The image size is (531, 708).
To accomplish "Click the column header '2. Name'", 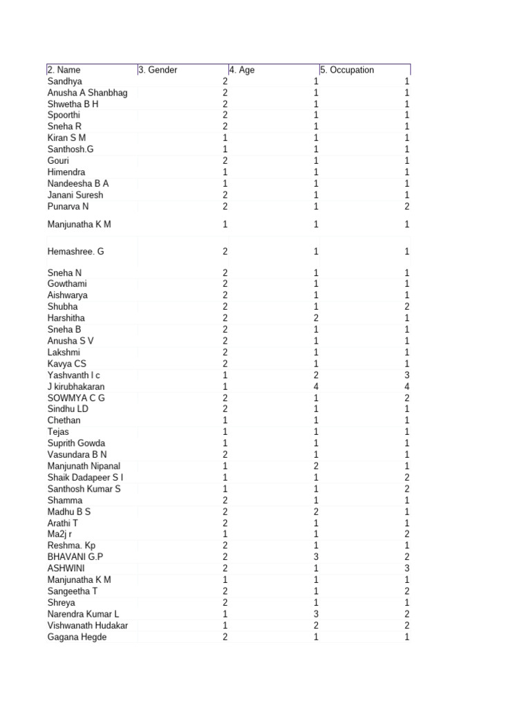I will [x=64, y=70].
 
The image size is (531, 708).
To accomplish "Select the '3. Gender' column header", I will [x=158, y=70].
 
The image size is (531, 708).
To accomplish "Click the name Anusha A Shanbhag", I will [x=87, y=93].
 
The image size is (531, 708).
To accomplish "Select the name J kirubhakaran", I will [x=76, y=386].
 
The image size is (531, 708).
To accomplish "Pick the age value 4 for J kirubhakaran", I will [x=316, y=386].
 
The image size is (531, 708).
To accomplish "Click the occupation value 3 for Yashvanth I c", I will [x=407, y=375].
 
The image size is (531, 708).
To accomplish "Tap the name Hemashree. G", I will [x=76, y=252].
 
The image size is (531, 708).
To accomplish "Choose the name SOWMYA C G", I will [x=76, y=398].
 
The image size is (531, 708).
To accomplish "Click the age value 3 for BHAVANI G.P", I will [x=316, y=557].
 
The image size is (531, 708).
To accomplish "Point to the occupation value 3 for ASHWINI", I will [x=407, y=568].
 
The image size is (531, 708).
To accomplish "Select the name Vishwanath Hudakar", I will [x=88, y=625].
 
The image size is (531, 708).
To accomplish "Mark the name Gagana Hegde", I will [x=77, y=637].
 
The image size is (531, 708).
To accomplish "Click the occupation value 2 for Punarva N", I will [x=407, y=206].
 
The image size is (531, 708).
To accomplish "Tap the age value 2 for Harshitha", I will [x=316, y=318].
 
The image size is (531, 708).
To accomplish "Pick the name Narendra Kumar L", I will [x=83, y=614].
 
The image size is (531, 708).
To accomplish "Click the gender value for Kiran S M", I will [x=225, y=138].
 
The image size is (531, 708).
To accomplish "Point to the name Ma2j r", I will [x=59, y=534].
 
